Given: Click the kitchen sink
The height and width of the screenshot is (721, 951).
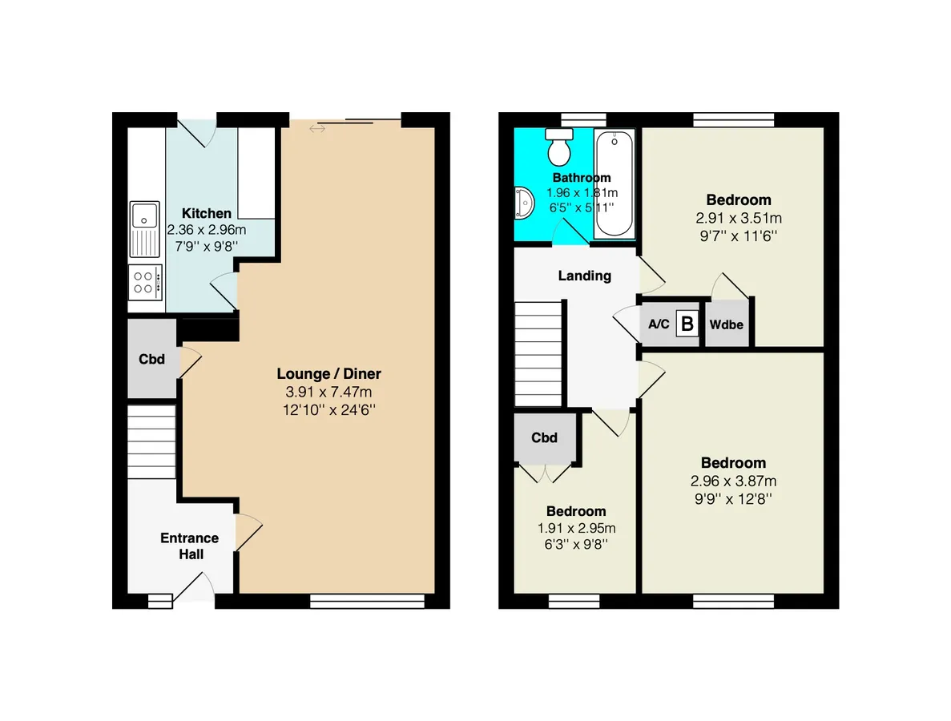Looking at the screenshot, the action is [144, 229].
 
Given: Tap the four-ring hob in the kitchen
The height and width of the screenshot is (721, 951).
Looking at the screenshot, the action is [145, 283].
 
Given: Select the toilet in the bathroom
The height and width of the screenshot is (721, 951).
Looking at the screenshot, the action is [559, 147].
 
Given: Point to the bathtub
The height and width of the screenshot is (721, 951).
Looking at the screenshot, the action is [614, 183].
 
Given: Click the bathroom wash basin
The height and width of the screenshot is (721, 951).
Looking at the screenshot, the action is [523, 202].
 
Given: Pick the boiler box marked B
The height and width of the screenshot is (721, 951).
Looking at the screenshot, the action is [687, 324].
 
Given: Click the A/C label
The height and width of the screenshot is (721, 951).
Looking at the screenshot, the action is [659, 324].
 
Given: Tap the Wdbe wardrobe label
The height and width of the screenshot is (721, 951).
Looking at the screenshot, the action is [726, 324].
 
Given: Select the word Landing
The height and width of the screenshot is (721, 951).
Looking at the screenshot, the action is [584, 276].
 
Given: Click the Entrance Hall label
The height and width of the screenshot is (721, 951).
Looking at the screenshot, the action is [190, 546].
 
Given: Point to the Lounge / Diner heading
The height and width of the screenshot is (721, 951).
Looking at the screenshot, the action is [328, 373].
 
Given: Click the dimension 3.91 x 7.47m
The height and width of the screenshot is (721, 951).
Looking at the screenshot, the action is [328, 392].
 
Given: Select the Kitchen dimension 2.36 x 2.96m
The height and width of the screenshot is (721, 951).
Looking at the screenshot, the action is [206, 230].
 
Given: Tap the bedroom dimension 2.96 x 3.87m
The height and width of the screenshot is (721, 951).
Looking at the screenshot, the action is [733, 481].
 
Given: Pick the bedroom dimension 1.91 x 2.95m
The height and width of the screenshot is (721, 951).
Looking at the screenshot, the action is [576, 528].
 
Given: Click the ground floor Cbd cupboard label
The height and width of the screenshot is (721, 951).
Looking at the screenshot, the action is [151, 359].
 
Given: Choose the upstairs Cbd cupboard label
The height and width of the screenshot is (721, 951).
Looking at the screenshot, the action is [544, 437].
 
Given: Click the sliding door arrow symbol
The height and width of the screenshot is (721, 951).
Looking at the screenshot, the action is [317, 128].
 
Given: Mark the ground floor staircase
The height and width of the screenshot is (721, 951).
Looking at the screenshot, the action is [151, 442].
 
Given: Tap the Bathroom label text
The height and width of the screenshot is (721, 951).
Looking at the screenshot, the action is [582, 178].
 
